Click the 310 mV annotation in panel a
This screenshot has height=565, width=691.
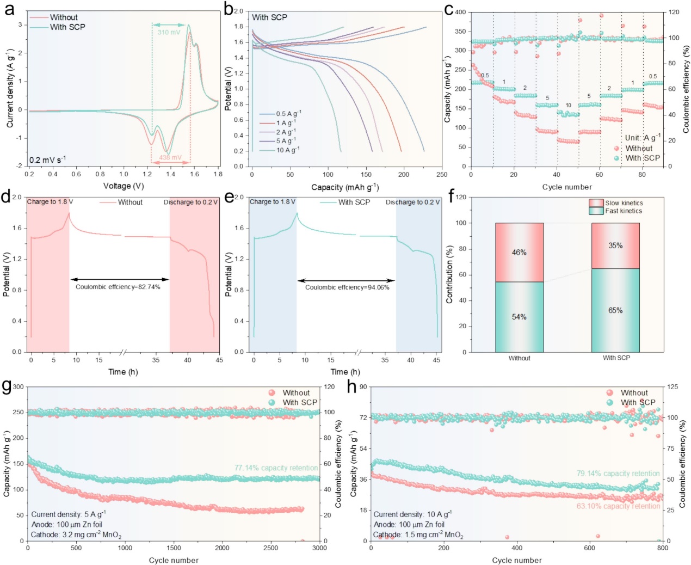point(169,32)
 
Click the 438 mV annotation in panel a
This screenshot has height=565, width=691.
point(170,158)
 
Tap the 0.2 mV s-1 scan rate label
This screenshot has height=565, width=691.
point(47,159)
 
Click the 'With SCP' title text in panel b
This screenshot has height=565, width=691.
point(269,17)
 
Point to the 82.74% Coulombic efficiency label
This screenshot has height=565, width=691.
point(118,287)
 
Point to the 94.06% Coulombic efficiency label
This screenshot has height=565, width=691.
point(347,287)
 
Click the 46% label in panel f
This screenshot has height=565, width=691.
point(519,253)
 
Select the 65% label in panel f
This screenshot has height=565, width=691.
point(615,310)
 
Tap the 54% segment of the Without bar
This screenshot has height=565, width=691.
point(519,317)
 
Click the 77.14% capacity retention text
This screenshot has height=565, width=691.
point(276,468)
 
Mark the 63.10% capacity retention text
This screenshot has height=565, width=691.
point(618,506)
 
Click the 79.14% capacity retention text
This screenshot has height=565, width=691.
point(618,474)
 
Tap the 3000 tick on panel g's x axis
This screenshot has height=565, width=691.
point(319,548)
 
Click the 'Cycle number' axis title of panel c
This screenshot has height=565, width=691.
point(567,187)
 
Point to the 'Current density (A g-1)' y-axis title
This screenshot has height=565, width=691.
point(10,88)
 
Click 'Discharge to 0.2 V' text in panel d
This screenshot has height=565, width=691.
point(190,202)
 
